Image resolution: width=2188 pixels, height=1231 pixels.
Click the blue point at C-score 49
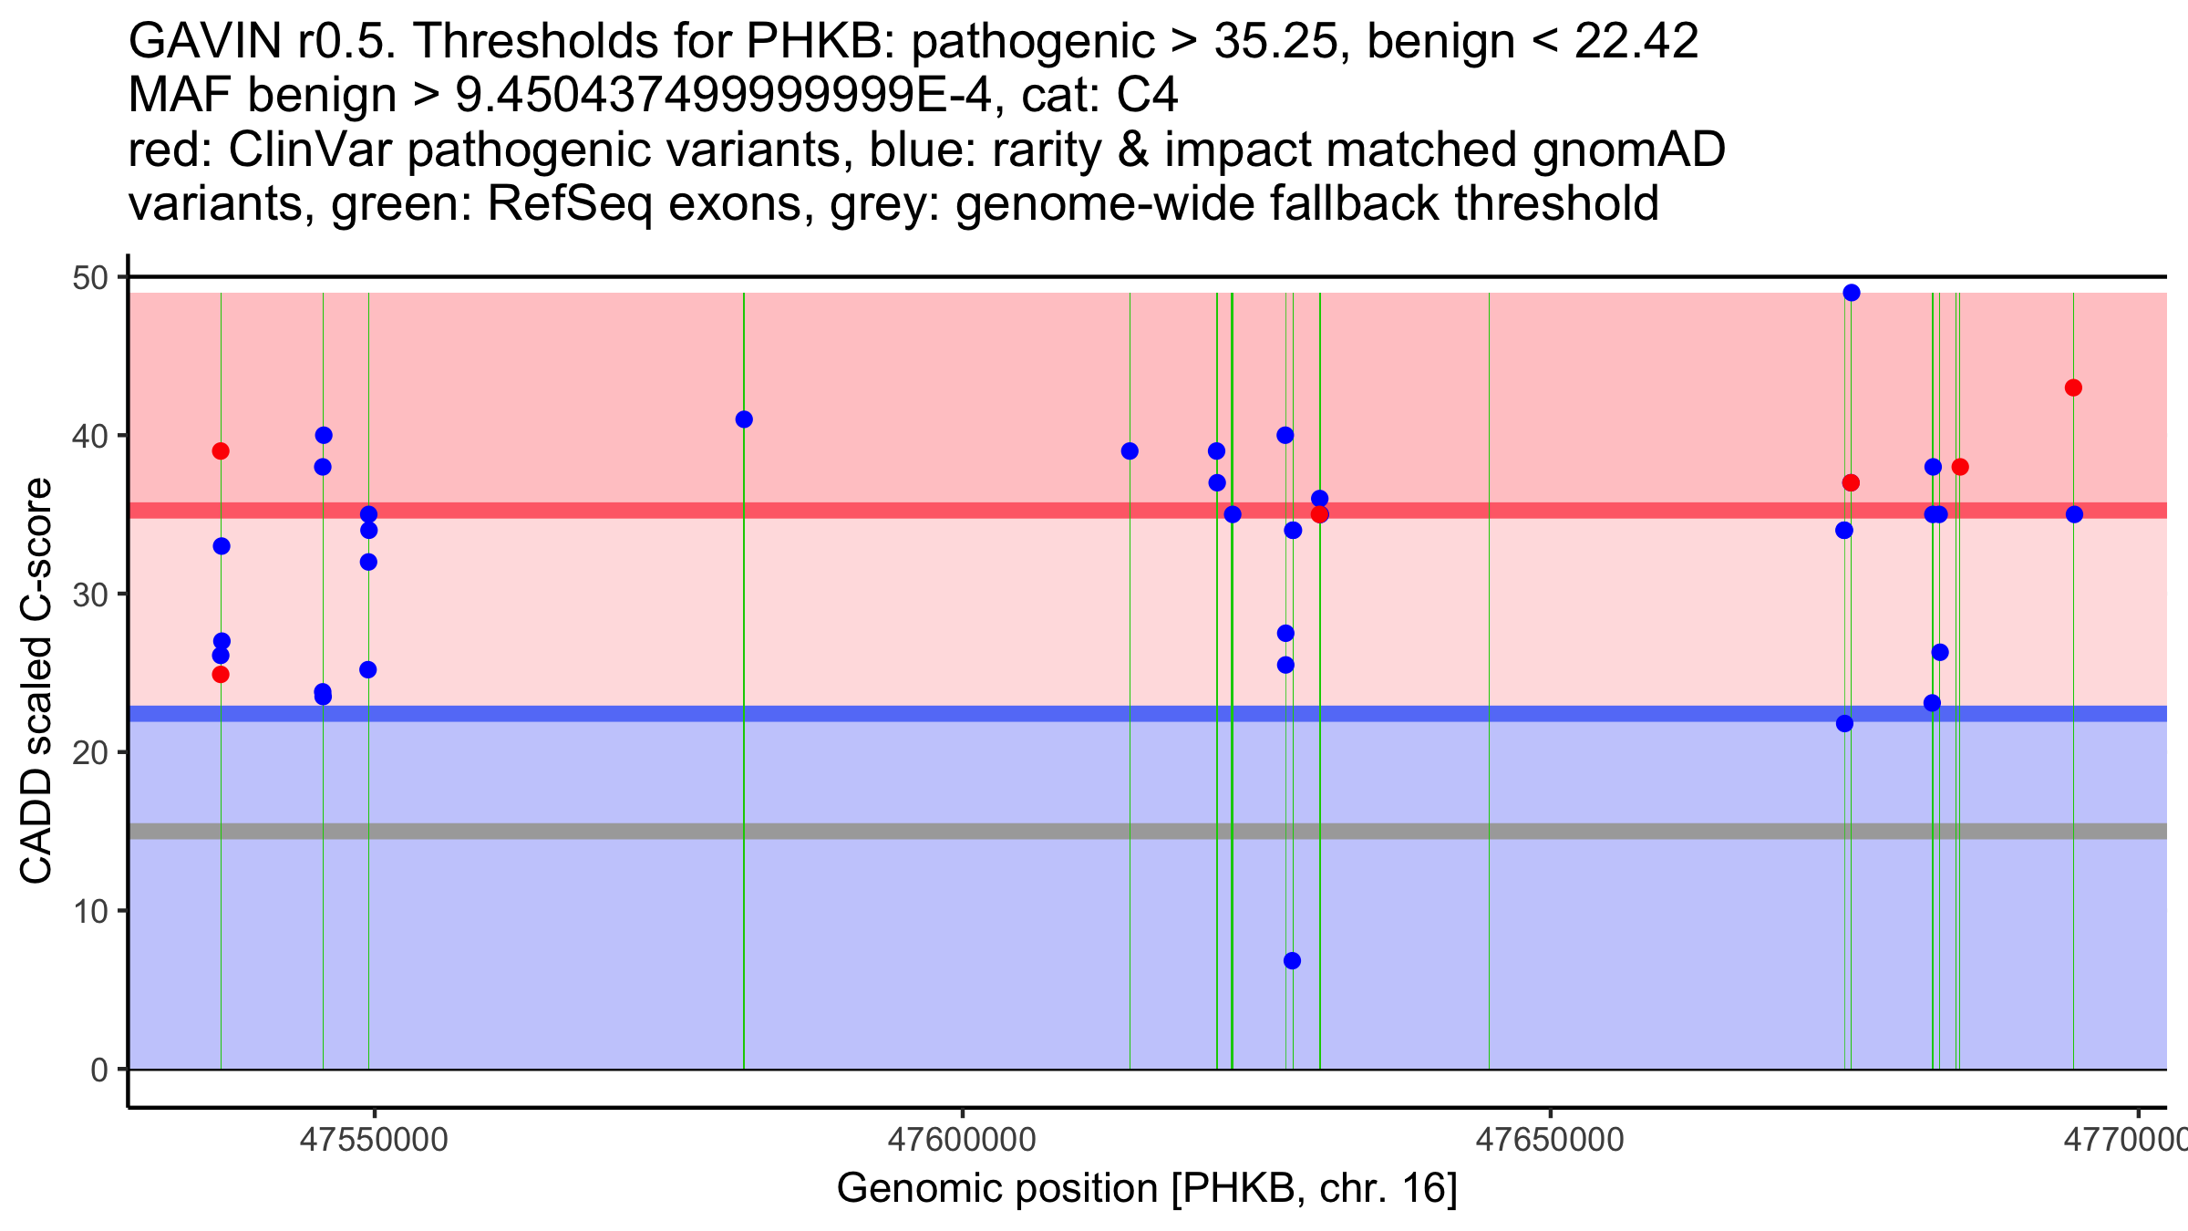[x=1851, y=293]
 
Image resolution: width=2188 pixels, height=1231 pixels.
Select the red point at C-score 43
[x=2073, y=388]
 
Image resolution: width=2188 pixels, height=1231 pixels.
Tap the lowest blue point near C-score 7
[x=1292, y=960]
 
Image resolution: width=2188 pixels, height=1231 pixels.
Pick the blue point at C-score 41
[x=744, y=419]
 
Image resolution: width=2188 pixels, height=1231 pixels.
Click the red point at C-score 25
[x=221, y=675]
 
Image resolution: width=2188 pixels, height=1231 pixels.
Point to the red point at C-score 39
[x=221, y=451]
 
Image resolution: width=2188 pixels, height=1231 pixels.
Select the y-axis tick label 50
[x=89, y=277]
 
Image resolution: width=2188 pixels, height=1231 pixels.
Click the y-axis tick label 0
[x=98, y=1070]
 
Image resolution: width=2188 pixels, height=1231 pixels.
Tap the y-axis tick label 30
[x=89, y=595]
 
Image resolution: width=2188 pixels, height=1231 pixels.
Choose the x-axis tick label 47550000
[x=373, y=1140]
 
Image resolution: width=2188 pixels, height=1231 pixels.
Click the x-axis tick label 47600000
[x=962, y=1140]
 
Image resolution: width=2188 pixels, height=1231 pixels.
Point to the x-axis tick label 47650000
[x=1550, y=1140]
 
